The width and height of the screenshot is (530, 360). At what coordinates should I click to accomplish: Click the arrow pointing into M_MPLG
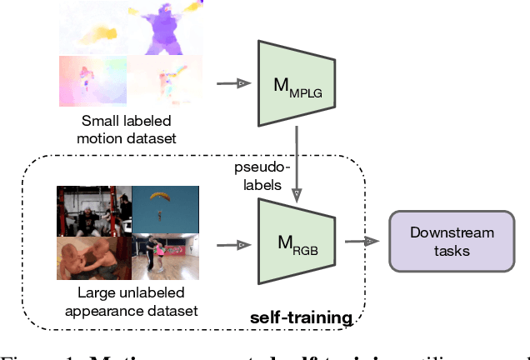232,82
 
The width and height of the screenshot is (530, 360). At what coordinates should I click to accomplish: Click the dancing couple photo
163,258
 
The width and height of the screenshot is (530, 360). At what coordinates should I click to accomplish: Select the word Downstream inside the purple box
452,233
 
